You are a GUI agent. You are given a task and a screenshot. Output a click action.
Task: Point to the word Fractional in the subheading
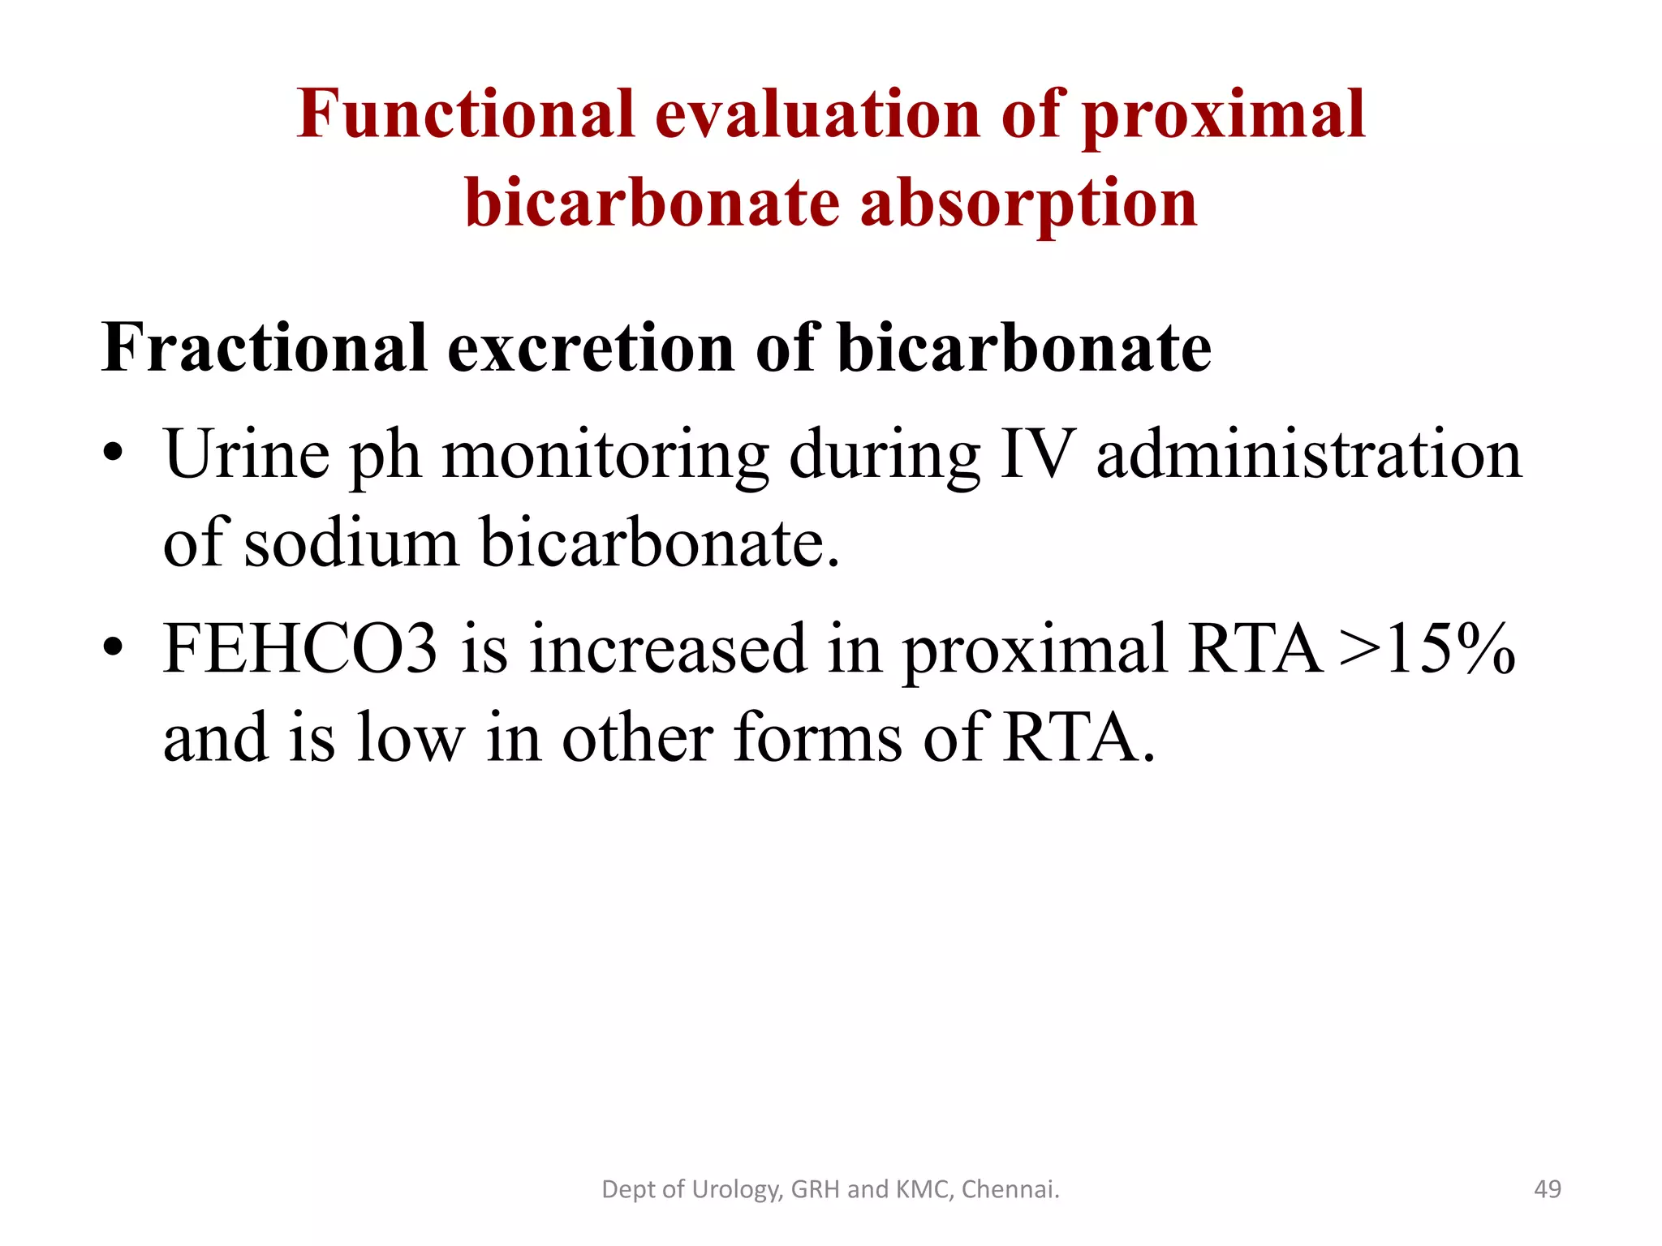coord(264,348)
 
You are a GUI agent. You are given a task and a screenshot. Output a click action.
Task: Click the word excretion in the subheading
coord(592,348)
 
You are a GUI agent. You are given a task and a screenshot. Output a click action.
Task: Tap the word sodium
coord(351,543)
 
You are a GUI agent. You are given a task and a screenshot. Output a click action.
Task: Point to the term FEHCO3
coord(300,649)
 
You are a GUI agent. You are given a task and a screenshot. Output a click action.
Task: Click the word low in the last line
coord(410,737)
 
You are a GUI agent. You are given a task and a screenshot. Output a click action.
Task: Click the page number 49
coord(1547,1189)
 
